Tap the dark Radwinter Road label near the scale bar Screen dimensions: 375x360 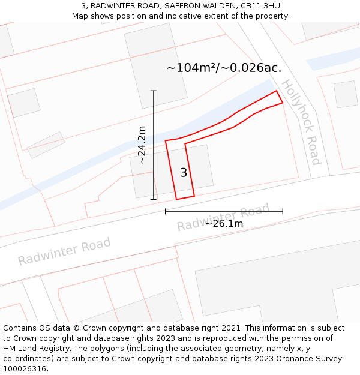tap(223, 217)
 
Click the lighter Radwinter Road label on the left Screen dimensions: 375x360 tap(64, 251)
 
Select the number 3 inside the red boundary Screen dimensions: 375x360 tap(184, 173)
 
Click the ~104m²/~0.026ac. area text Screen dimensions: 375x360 tap(224, 68)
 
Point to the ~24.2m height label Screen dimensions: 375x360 tap(142, 145)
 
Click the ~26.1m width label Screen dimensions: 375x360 tap(224, 224)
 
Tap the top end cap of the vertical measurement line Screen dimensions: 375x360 tap(154, 91)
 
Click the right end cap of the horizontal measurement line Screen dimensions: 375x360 tap(283, 211)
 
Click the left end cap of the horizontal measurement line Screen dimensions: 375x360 tap(166, 211)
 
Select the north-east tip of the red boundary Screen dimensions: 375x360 tap(277, 91)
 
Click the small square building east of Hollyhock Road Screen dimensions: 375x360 tap(346, 94)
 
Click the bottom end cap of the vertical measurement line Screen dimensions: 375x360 tap(154, 199)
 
